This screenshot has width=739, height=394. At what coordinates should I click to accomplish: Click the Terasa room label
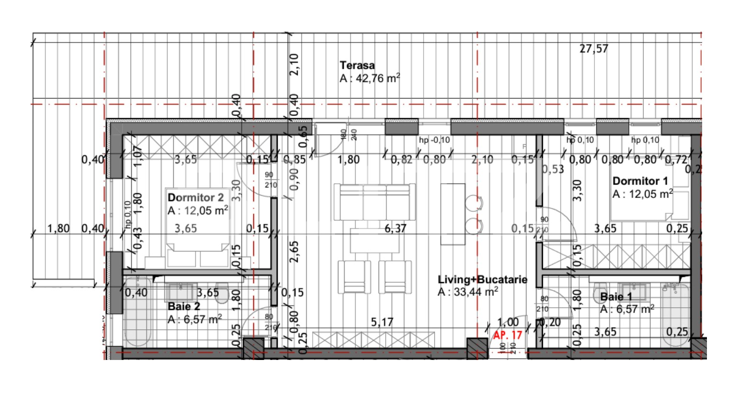pyautogui.click(x=357, y=66)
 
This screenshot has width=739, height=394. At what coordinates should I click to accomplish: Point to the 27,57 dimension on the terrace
pyautogui.click(x=593, y=48)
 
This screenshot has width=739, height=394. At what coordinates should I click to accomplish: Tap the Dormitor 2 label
pyautogui.click(x=196, y=197)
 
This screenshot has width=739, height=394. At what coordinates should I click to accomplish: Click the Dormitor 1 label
pyautogui.click(x=640, y=181)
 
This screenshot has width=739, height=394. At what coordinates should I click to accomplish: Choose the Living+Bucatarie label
pyautogui.click(x=482, y=279)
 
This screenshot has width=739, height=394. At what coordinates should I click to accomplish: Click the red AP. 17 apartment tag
pyautogui.click(x=508, y=335)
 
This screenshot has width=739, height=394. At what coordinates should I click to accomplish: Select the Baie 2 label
pyautogui.click(x=184, y=306)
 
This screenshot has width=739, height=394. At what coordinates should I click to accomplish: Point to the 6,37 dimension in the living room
pyautogui.click(x=395, y=229)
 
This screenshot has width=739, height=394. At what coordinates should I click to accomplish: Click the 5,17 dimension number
pyautogui.click(x=382, y=323)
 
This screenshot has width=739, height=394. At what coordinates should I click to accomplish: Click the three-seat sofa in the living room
pyautogui.click(x=374, y=201)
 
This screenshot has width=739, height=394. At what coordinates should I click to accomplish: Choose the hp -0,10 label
pyautogui.click(x=434, y=140)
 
